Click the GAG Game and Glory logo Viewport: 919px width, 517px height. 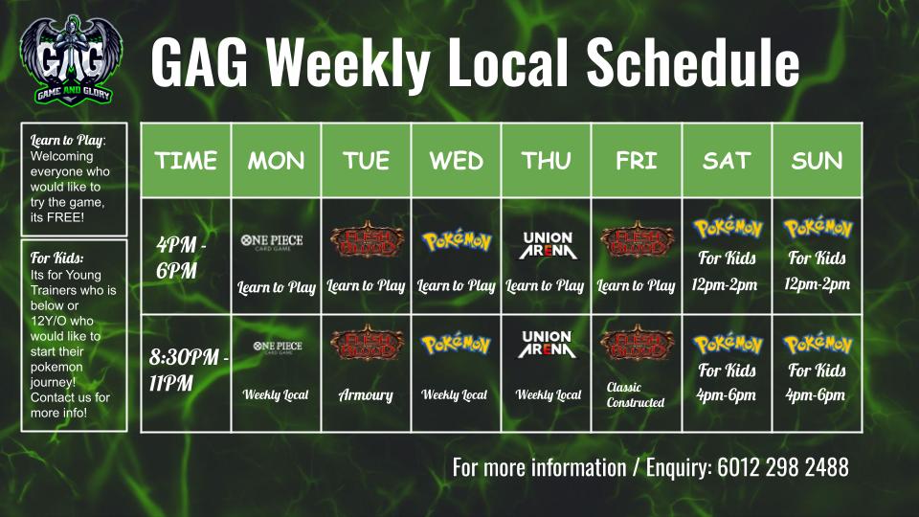tap(71, 60)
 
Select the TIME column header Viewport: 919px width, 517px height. tap(186, 161)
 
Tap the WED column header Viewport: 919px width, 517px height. tap(456, 161)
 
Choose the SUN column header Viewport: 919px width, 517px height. tap(817, 161)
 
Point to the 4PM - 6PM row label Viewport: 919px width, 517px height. tap(181, 258)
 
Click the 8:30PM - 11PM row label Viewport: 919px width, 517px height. tap(189, 370)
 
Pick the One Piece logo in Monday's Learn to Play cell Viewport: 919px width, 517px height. tap(272, 242)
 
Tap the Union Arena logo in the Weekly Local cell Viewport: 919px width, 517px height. tap(547, 344)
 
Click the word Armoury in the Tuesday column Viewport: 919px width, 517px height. tap(366, 395)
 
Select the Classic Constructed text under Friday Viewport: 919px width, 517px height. tap(636, 395)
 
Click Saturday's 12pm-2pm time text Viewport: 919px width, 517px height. tap(725, 285)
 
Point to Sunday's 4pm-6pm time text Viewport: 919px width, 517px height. tap(816, 395)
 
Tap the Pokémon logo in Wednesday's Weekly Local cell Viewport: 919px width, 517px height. tap(456, 344)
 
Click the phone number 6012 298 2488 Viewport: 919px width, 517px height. tap(783, 468)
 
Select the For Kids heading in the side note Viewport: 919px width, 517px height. tap(56, 258)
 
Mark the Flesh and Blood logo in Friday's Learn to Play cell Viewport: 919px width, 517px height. tap(638, 239)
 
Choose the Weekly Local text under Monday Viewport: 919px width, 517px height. tap(276, 395)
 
